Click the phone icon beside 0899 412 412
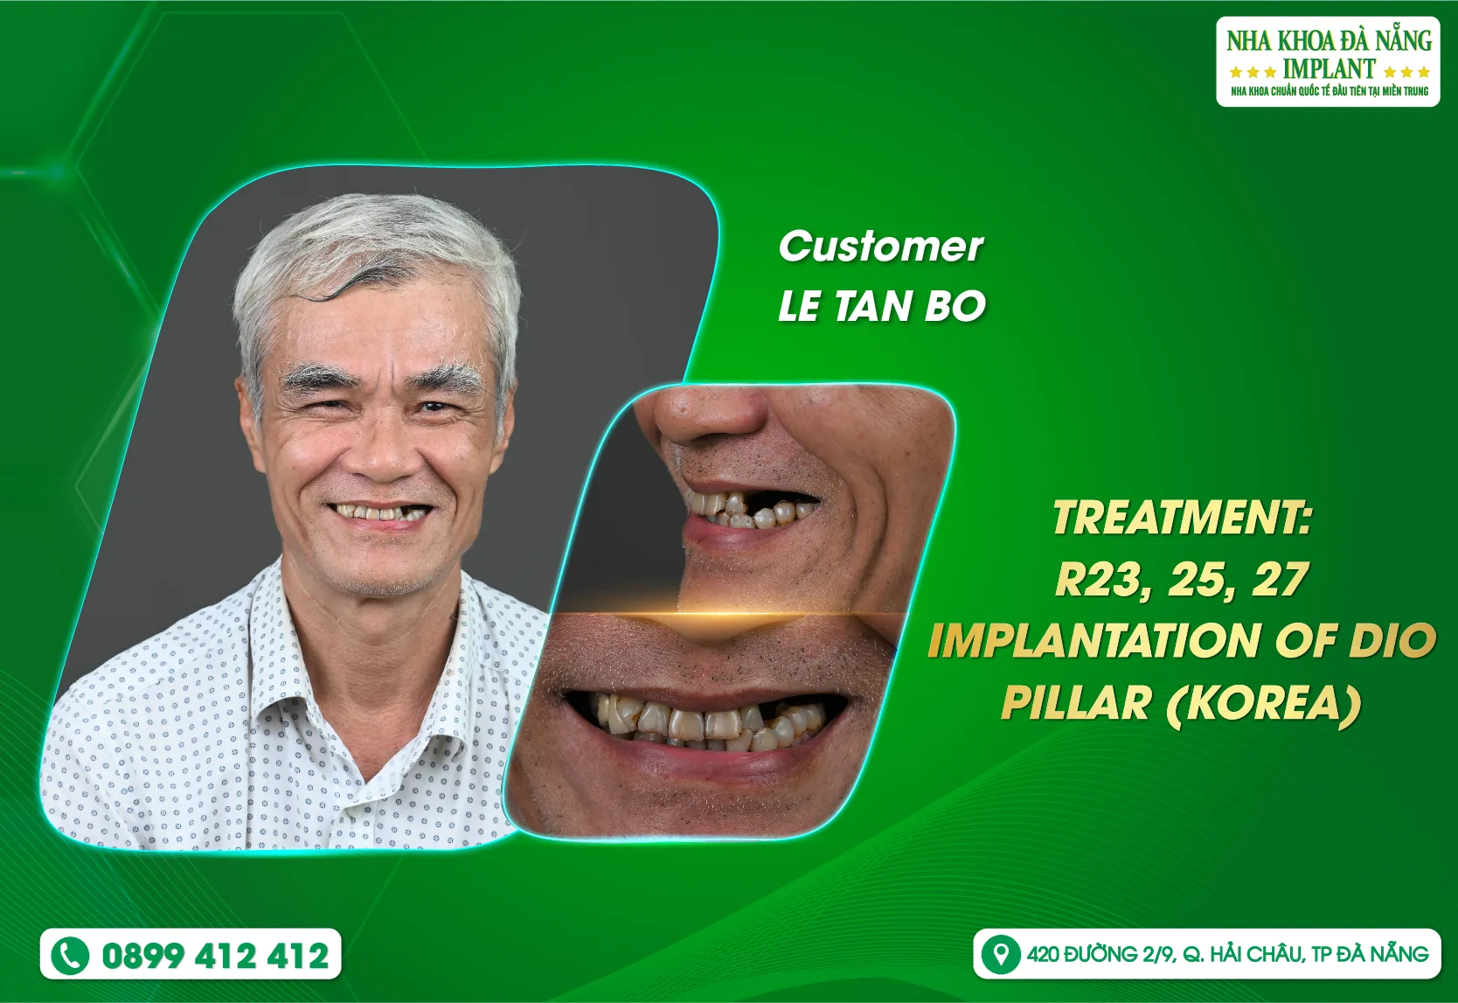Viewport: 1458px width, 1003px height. click(70, 955)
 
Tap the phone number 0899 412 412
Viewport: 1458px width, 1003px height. click(215, 955)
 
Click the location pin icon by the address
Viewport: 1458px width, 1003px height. click(1000, 954)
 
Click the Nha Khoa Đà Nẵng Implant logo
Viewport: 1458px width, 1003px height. click(1328, 62)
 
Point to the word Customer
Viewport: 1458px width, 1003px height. click(880, 247)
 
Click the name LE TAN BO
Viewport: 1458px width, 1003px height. click(882, 307)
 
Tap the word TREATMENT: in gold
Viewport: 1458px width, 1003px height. click(1182, 517)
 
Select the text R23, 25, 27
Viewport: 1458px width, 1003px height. click(1182, 580)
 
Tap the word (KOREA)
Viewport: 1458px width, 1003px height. click(1264, 703)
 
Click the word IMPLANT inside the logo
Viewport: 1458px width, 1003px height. click(1329, 69)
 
